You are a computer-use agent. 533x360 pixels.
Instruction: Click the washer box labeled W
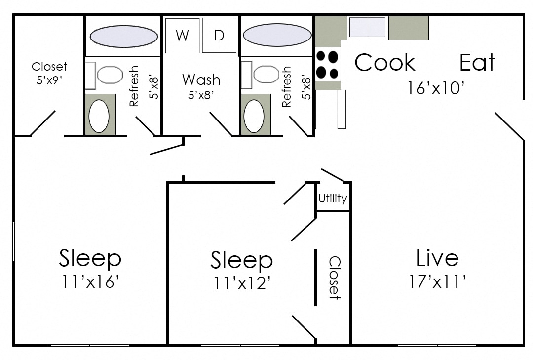click(x=182, y=36)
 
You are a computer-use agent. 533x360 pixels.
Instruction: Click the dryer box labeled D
click(x=219, y=36)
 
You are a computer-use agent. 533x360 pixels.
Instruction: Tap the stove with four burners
click(x=327, y=65)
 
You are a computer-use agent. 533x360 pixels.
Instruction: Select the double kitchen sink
click(x=367, y=27)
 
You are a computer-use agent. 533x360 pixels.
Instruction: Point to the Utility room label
click(x=333, y=199)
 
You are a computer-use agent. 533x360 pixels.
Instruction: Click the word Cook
click(x=385, y=63)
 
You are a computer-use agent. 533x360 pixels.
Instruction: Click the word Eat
click(x=477, y=63)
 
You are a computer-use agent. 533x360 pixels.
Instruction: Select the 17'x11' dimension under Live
click(x=437, y=281)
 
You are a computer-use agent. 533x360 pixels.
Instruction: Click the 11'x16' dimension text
click(x=90, y=281)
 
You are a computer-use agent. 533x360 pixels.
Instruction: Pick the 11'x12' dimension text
click(x=242, y=283)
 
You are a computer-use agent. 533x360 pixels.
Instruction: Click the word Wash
click(x=201, y=80)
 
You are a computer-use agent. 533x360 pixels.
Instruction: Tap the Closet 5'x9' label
click(x=49, y=73)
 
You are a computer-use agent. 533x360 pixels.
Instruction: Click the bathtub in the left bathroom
click(x=123, y=36)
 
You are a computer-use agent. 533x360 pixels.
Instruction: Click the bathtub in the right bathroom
click(x=277, y=35)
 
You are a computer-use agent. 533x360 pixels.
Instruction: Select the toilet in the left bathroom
click(x=109, y=75)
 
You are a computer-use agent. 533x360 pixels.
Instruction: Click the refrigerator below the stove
click(x=330, y=109)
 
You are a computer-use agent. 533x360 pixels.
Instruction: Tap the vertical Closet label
click(x=334, y=278)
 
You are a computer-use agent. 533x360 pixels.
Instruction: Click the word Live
click(x=437, y=258)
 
